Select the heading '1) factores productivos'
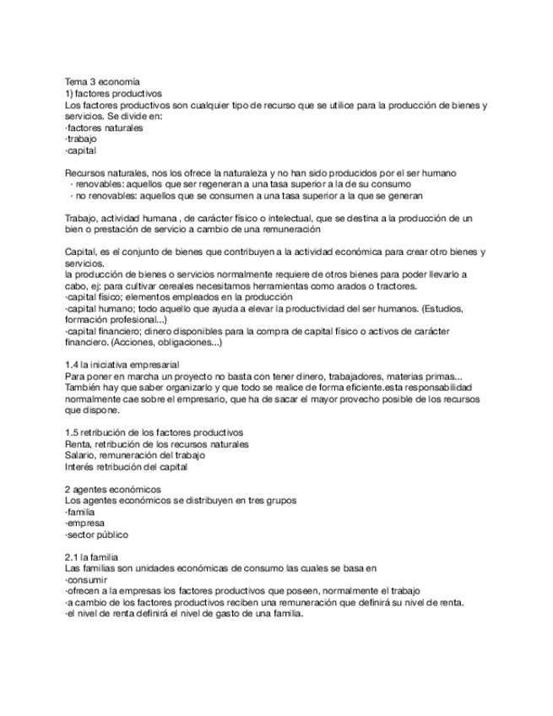coord(113,93)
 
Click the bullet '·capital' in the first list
coord(80,150)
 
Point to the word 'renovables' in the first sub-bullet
coord(97,183)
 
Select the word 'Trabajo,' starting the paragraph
coord(80,218)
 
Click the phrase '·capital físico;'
coord(95,298)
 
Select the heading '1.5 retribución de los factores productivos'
coord(154,432)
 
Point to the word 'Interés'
coord(79,466)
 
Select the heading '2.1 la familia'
coord(92,557)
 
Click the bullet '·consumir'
coord(85,580)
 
